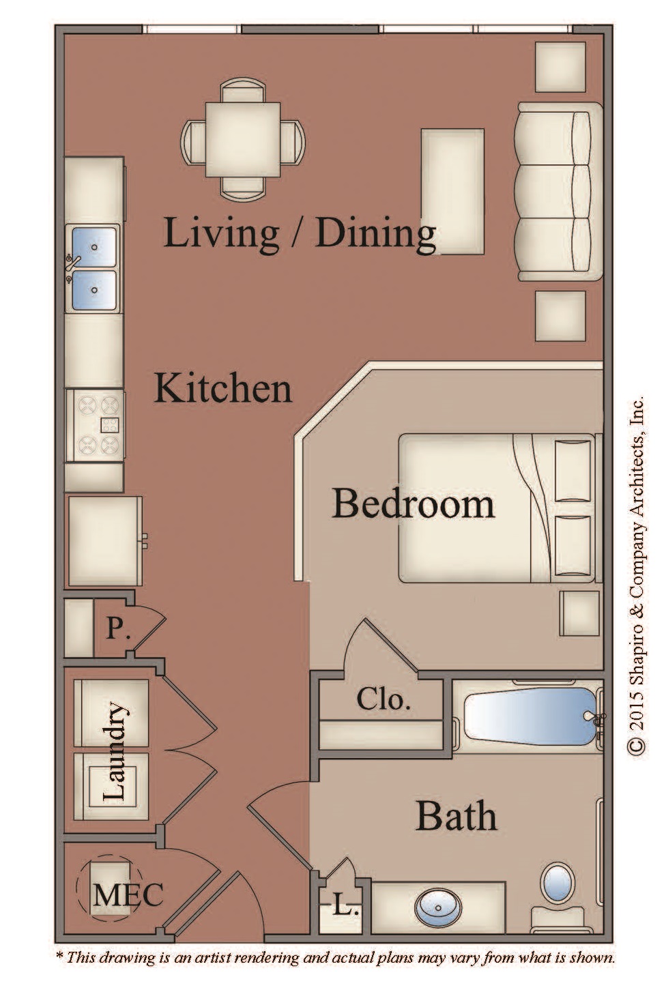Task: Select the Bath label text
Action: click(x=457, y=816)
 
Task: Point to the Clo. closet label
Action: click(x=384, y=699)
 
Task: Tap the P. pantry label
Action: click(x=118, y=628)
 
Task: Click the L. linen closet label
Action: click(x=346, y=908)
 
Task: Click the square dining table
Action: click(x=243, y=140)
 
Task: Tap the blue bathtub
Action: click(x=530, y=716)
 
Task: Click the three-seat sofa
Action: click(x=560, y=192)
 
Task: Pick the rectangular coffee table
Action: click(x=452, y=192)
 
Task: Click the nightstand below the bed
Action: click(x=579, y=613)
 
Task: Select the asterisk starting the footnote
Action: click(x=59, y=955)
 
